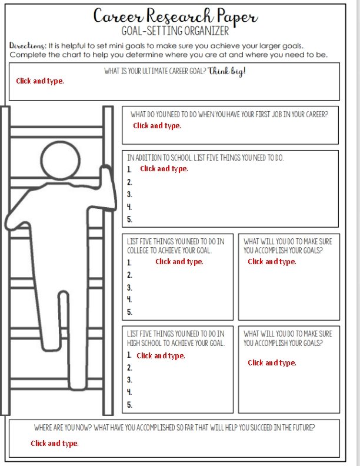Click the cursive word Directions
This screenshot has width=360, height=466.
[x=28, y=45]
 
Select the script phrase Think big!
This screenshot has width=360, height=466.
[x=226, y=71]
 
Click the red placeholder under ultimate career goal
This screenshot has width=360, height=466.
[x=40, y=81]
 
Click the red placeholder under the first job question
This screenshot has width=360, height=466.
[x=157, y=126]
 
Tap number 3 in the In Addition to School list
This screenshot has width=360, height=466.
[x=129, y=194]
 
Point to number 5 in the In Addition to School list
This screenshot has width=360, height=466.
[x=129, y=219]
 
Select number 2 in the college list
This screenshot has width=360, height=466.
[x=129, y=275]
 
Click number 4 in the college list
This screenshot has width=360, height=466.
[x=129, y=299]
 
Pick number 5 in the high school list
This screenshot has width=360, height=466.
[x=129, y=404]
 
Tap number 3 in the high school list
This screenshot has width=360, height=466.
[x=129, y=380]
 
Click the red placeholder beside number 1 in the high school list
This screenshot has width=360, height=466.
[x=161, y=356]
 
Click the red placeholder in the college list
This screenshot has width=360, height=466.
[x=179, y=261]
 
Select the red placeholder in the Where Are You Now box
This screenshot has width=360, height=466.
[x=55, y=444]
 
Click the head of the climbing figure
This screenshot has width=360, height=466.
[x=61, y=160]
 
